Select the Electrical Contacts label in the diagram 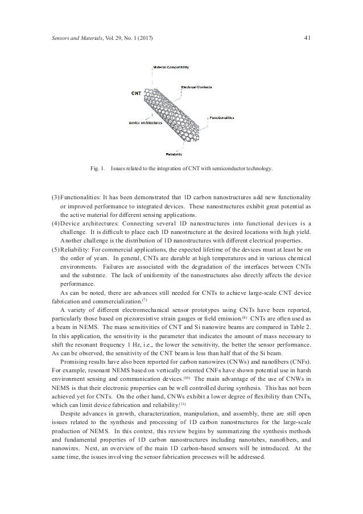[196, 87]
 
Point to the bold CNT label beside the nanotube [137, 93]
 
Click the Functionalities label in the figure [222, 118]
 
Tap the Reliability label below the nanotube [174, 154]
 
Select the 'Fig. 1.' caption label [98, 169]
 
